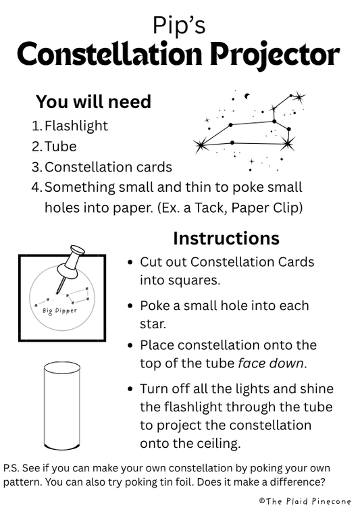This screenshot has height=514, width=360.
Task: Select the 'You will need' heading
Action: pos(93,102)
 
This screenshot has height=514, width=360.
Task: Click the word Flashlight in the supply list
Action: pos(76,126)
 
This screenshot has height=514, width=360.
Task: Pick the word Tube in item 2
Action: pos(61,147)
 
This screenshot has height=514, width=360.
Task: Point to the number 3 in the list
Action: pos(36,167)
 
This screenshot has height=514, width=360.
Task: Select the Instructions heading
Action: pos(226,238)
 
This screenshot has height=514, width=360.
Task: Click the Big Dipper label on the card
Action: pos(59,311)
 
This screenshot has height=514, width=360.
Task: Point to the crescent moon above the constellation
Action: pos(247,95)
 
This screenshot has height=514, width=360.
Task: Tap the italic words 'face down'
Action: pos(272,363)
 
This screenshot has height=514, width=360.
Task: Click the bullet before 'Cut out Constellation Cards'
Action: pos(130,262)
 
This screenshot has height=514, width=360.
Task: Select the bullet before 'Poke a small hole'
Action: pos(130,306)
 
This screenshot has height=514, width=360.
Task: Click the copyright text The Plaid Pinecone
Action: pos(307,501)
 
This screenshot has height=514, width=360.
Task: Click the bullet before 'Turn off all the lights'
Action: pos(130,390)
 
